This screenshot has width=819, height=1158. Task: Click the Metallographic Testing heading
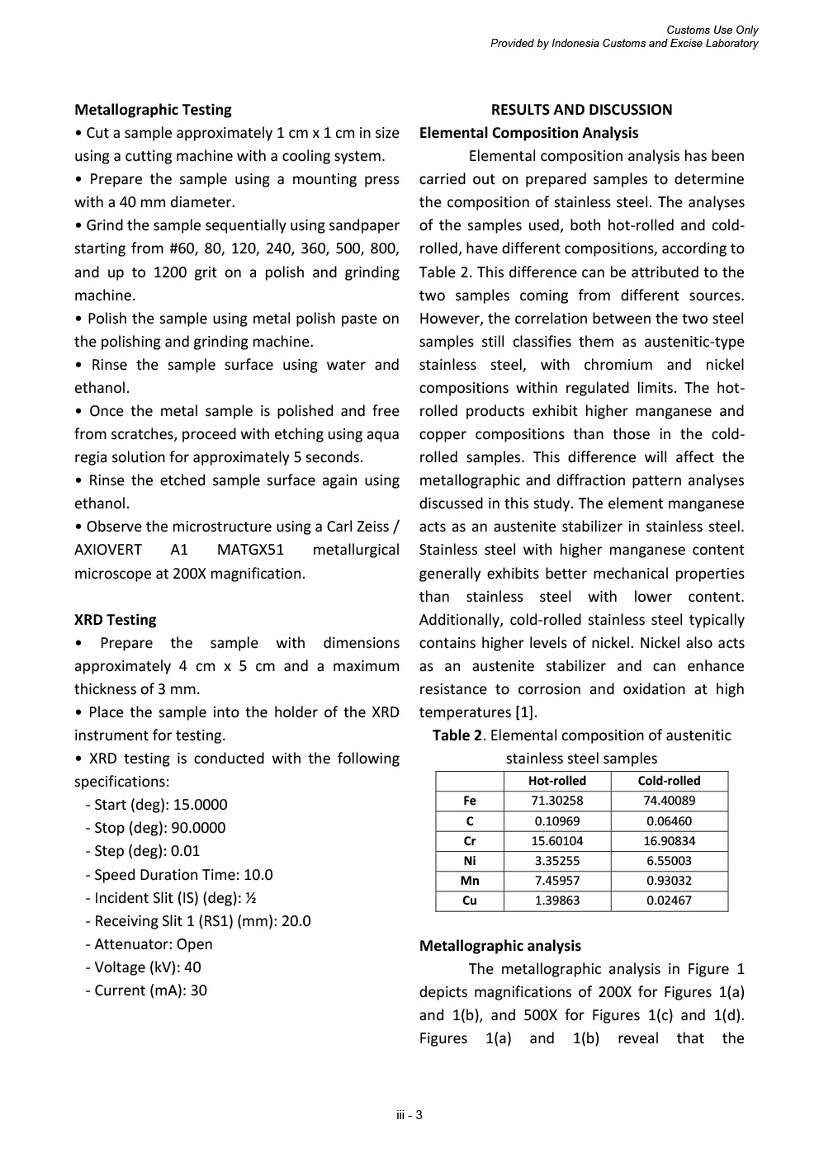coord(153,110)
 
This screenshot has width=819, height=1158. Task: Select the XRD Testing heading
coord(115,620)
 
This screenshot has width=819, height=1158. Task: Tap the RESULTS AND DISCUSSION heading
coord(581,110)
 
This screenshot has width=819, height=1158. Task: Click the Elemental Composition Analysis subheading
coord(528,133)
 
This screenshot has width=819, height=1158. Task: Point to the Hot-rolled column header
coord(557,781)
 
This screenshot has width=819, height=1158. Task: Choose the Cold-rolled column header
coord(669,781)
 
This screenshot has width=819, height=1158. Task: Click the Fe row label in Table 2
coord(470,801)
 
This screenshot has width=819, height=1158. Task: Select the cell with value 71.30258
coord(557,801)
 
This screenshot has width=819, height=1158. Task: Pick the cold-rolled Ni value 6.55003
coord(669,861)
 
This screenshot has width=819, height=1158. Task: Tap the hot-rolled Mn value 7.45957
coord(557,881)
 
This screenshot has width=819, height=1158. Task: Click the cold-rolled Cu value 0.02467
coord(669,900)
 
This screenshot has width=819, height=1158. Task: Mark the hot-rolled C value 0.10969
coord(557,821)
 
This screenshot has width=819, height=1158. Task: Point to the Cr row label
coord(470,841)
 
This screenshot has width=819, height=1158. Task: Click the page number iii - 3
coord(409,1116)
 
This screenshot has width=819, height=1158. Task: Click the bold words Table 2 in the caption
coord(457,735)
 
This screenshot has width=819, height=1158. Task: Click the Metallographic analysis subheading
coord(499,946)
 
